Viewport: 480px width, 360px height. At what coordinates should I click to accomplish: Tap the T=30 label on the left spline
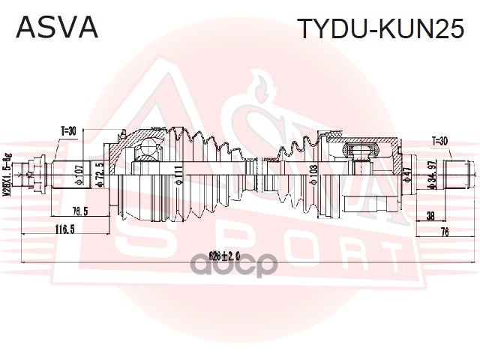[x=68, y=131]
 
